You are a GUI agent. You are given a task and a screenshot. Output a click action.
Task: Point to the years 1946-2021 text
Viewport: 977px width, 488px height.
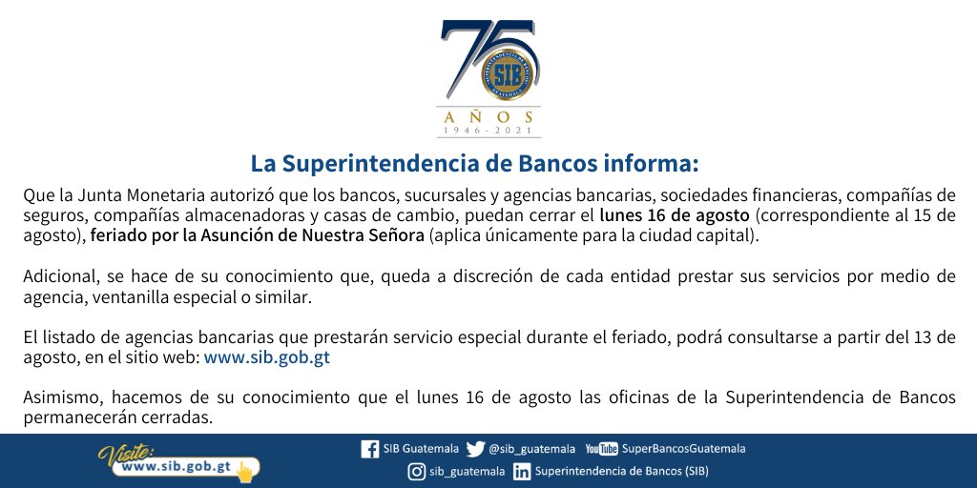(488, 131)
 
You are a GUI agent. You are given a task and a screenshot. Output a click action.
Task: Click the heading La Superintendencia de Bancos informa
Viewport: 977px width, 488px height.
(474, 162)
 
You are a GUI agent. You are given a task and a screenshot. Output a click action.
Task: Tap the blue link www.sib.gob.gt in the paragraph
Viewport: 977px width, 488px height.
(268, 357)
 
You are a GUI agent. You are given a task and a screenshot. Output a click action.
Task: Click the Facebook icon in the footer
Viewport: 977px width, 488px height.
(370, 449)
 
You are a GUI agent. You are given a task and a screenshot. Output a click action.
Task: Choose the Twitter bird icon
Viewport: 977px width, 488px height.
(475, 449)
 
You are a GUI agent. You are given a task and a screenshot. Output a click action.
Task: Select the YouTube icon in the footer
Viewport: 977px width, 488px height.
(601, 449)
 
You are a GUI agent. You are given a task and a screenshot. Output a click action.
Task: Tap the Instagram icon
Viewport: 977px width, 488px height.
(416, 471)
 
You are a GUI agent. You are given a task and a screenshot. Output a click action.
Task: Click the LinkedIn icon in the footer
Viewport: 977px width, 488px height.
(522, 471)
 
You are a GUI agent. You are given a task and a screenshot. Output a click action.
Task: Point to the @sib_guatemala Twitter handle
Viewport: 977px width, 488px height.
(531, 449)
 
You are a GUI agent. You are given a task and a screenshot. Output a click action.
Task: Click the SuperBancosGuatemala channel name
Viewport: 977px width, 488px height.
(683, 449)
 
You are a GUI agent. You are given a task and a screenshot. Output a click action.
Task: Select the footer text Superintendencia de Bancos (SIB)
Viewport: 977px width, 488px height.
(622, 471)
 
